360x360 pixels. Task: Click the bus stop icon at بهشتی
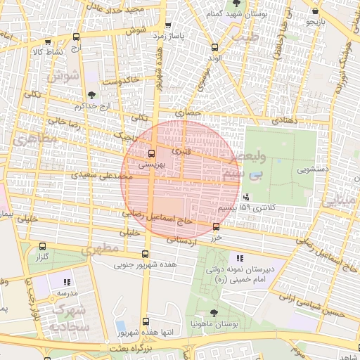point(151,153)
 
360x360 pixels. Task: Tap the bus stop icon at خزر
point(216,226)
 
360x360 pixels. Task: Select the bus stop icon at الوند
point(214,48)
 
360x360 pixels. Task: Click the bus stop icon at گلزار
point(44,247)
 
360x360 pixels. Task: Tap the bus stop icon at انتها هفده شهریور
point(146,321)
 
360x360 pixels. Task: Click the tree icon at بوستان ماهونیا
point(214,313)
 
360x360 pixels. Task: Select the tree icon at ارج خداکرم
point(91,95)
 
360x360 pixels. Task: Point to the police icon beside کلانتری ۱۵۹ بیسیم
point(245,198)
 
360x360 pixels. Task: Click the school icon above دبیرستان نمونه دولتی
point(241,258)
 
